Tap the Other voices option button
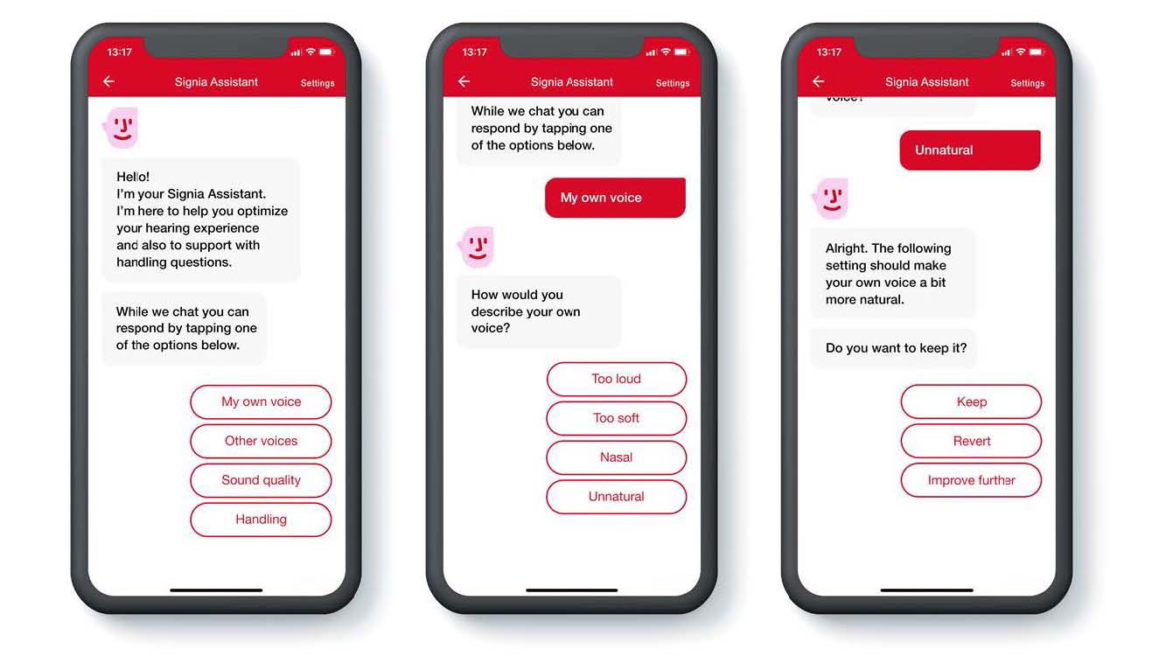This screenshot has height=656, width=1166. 261,441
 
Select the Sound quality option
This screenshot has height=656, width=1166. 261,480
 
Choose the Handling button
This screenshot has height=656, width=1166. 261,520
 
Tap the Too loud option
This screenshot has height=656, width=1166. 617,379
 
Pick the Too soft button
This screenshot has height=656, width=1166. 617,418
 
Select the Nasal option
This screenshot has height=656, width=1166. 617,457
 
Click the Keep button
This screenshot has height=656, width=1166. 971,402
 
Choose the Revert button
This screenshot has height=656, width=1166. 971,441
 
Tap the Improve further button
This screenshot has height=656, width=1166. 971,480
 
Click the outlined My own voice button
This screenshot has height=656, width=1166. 261,402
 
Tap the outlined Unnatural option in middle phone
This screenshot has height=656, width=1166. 617,497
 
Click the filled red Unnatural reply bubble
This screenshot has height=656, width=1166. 970,150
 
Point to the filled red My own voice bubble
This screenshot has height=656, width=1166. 615,198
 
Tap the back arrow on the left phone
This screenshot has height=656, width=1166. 108,81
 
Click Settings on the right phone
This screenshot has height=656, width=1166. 1027,83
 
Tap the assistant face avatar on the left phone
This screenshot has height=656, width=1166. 121,128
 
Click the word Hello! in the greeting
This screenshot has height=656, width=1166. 133,177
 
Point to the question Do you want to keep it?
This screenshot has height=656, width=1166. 896,348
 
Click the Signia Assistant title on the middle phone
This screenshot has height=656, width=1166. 571,81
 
